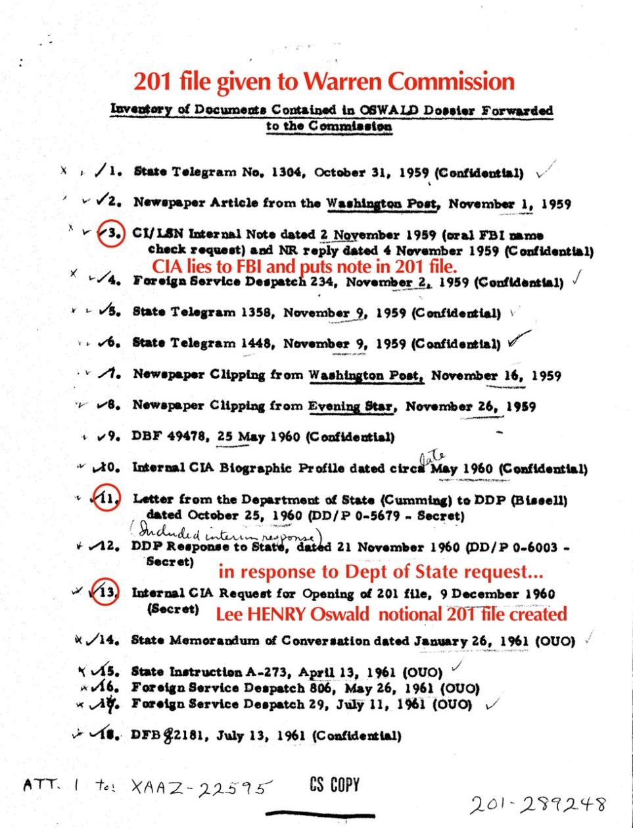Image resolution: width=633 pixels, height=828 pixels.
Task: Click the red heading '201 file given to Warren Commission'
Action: pyautogui.click(x=323, y=82)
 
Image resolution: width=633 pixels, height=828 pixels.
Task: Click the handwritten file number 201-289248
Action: pyautogui.click(x=537, y=804)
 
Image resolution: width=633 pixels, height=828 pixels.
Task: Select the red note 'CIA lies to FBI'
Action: pyautogui.click(x=304, y=267)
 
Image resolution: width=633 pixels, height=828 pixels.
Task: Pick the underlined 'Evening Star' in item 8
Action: pyautogui.click(x=351, y=406)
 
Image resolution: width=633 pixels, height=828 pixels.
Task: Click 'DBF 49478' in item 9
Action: pyautogui.click(x=168, y=436)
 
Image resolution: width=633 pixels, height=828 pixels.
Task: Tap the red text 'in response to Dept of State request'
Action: pyautogui.click(x=381, y=571)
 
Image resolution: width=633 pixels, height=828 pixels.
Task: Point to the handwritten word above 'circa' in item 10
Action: pyautogui.click(x=434, y=456)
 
